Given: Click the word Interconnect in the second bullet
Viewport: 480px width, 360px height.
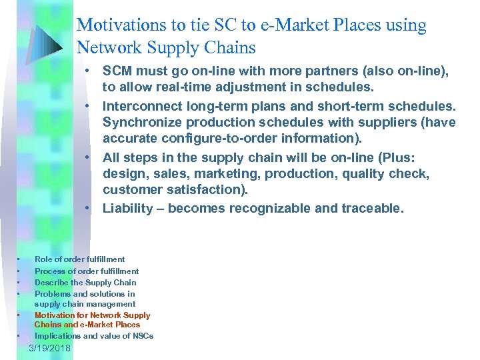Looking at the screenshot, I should (x=141, y=107).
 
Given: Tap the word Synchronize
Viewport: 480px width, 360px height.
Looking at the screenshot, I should (x=141, y=123).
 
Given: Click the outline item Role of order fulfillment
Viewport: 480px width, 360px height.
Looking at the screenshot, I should (x=79, y=259).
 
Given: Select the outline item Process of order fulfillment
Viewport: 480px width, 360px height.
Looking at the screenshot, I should (x=87, y=271).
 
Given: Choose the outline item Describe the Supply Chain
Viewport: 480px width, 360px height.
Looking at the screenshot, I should (x=85, y=283).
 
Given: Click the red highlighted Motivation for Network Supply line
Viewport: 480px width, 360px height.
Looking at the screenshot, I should (x=93, y=315).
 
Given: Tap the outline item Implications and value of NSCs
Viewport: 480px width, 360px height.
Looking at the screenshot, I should (x=94, y=336).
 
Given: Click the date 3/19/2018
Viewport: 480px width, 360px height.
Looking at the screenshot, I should (x=50, y=349).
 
